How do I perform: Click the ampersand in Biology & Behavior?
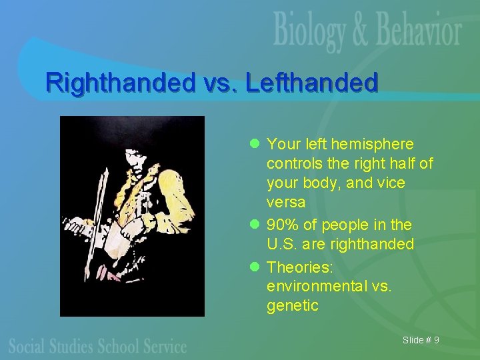(360, 31)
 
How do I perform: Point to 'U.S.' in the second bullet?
(282, 245)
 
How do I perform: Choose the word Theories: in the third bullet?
(300, 267)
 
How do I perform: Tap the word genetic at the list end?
(292, 306)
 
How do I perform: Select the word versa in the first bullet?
(286, 202)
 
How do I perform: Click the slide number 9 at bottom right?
(436, 341)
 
